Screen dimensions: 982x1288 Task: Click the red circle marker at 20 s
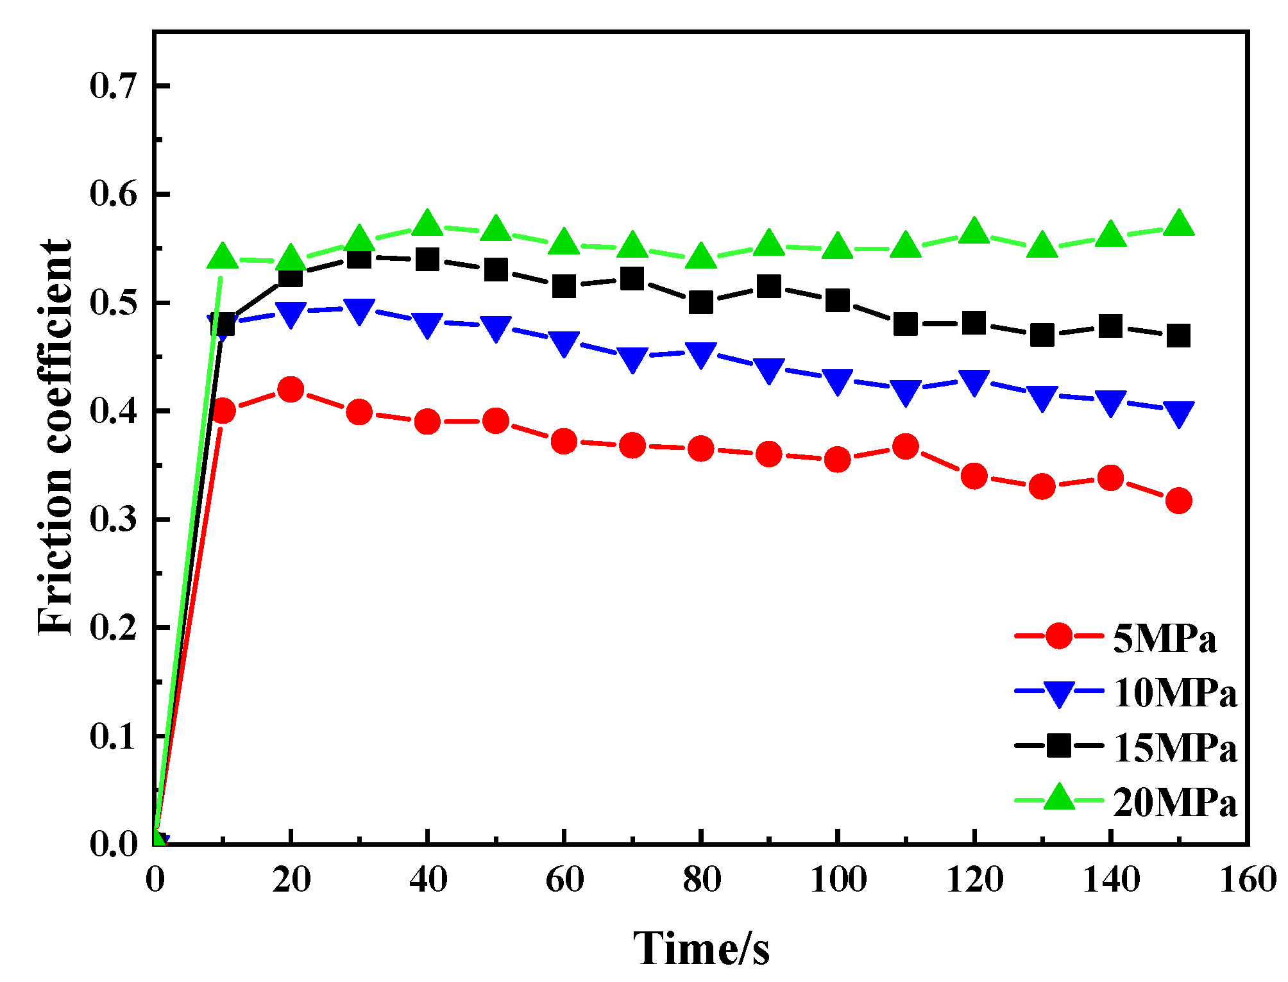(x=291, y=389)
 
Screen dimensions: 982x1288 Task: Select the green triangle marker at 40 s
(x=427, y=224)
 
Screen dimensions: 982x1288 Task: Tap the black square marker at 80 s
(x=700, y=302)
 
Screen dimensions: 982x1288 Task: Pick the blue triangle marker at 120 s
(x=974, y=382)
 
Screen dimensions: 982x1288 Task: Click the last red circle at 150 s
(x=1178, y=501)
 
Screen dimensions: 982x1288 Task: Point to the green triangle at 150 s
(x=1178, y=224)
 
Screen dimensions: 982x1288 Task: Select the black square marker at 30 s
(x=359, y=258)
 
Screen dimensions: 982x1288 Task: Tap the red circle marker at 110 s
(x=905, y=446)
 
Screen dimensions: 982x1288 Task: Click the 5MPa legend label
(x=1164, y=638)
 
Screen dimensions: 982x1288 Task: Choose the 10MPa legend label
(x=1174, y=693)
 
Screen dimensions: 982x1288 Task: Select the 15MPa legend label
(x=1174, y=747)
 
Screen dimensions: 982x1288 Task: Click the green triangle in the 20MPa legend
(x=1059, y=798)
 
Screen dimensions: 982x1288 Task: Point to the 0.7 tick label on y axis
(x=114, y=86)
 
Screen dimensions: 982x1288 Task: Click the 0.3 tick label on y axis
(x=114, y=519)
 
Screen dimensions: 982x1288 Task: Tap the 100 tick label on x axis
(x=838, y=879)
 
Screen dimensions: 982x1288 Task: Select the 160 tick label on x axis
(x=1247, y=879)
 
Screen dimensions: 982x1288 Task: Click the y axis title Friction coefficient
(x=55, y=438)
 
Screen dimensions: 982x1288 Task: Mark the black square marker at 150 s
(x=1178, y=335)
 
